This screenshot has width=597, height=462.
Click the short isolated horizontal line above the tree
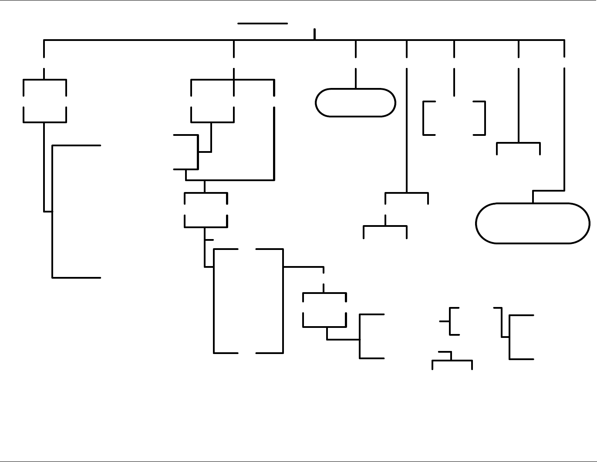[263, 23]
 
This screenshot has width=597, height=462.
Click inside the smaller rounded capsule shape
[355, 103]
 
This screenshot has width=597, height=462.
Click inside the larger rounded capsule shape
[533, 223]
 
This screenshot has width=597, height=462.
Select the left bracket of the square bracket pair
[424, 118]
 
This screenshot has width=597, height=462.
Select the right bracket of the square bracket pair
[485, 118]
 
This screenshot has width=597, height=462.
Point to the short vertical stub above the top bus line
[314, 34]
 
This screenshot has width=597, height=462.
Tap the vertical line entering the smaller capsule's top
[356, 79]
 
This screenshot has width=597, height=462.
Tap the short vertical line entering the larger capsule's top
[533, 197]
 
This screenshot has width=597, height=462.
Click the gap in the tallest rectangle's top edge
[247, 249]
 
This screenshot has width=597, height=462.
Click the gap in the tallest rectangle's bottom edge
[247, 353]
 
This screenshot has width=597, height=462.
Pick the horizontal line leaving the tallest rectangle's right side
[304, 266]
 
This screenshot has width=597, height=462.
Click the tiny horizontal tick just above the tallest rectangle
[209, 239]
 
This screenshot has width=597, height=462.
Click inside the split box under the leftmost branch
[44, 101]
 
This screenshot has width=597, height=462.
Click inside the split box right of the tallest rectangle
[324, 310]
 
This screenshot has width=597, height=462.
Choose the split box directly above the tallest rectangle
[206, 209]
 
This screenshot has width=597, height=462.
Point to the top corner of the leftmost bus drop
[44, 40]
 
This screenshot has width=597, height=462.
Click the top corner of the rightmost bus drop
[564, 40]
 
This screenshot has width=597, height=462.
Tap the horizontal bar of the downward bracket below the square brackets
[518, 142]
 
